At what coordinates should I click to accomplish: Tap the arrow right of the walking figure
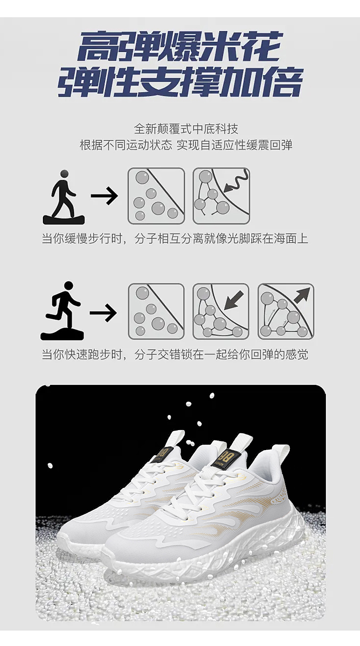pos(104,196)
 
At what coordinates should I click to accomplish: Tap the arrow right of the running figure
pos(103,313)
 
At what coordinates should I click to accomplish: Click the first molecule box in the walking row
pos(156,196)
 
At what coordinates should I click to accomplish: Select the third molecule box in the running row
pos(286,311)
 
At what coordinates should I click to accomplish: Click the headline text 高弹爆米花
pos(181,46)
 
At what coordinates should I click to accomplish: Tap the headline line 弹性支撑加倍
pos(180,82)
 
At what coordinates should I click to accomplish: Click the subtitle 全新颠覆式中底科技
pos(186,129)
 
